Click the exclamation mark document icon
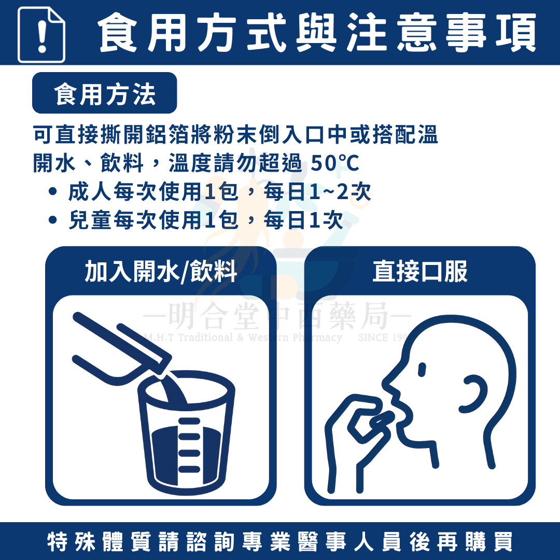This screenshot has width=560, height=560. (41, 35)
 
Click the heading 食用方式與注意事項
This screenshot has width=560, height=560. (317, 33)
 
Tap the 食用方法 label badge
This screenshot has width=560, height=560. (104, 93)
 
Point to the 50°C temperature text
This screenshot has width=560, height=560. (334, 163)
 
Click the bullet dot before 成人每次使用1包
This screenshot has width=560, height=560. (52, 191)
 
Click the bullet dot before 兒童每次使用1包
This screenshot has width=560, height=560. (52, 220)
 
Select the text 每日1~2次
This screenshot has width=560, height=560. (317, 191)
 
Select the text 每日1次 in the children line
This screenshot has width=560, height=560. (303, 220)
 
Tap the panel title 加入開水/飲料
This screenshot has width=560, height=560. (161, 271)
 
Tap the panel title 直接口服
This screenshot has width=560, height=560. (420, 271)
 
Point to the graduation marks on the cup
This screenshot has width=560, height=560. (189, 445)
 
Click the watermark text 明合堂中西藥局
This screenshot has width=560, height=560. (277, 317)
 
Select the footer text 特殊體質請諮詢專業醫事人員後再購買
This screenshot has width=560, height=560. (280, 541)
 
